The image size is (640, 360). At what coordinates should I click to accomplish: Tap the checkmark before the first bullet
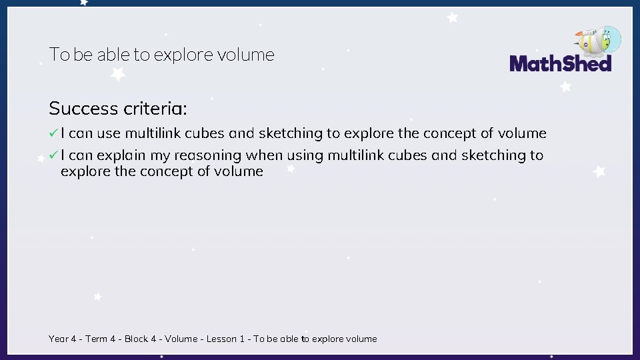coord(53,133)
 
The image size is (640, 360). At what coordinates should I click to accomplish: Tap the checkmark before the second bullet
coord(53,155)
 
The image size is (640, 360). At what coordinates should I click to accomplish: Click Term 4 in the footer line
coord(101,339)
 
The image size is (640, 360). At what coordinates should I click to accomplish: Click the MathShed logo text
coord(560,63)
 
